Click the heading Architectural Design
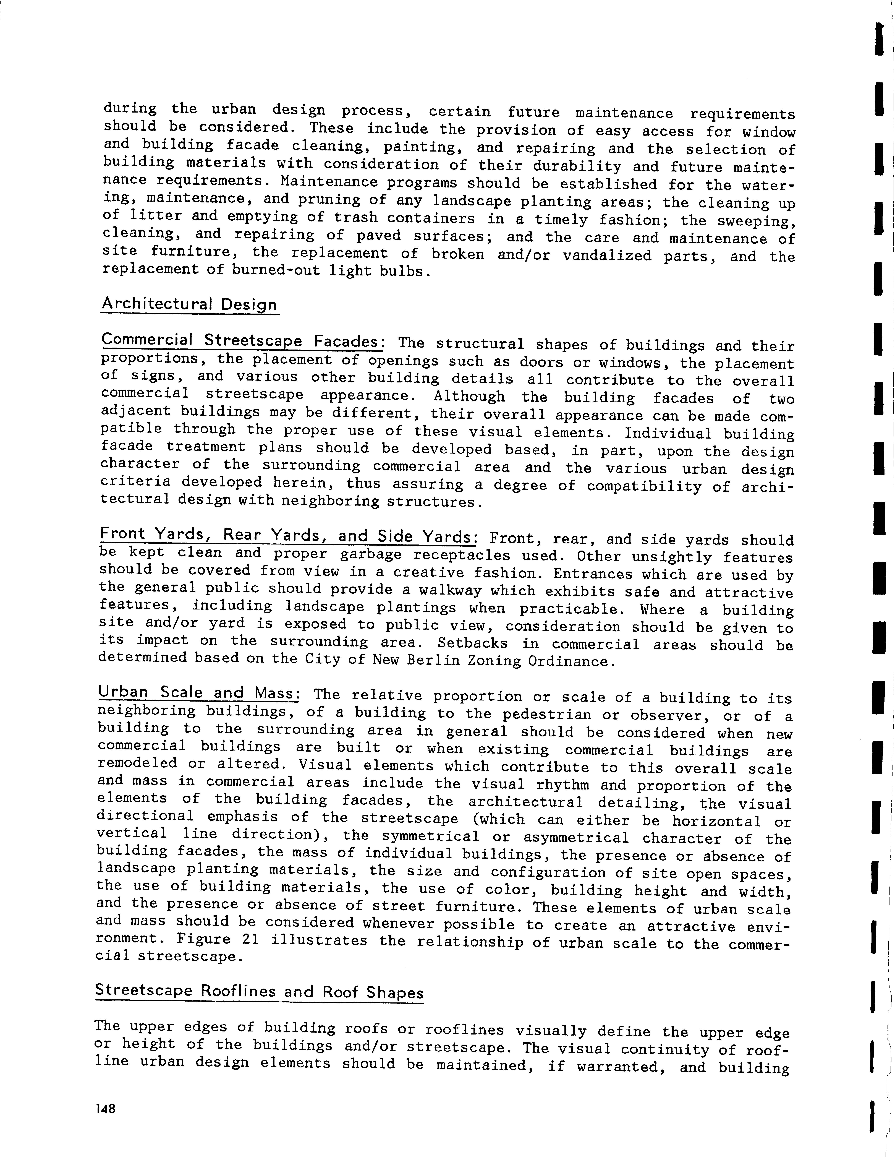tap(189, 305)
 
